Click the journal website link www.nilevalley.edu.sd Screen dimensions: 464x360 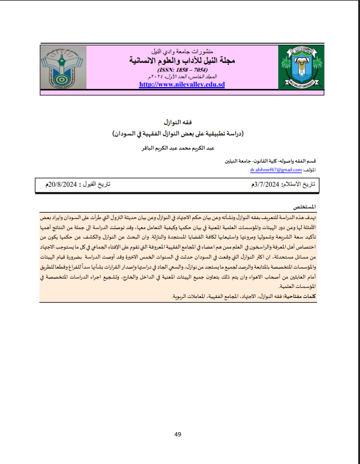(182, 85)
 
